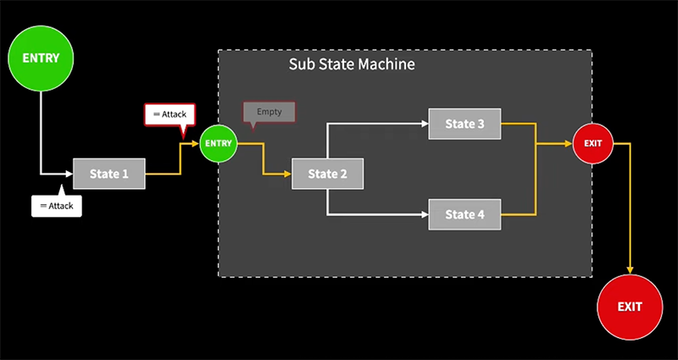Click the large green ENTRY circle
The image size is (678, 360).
click(x=41, y=58)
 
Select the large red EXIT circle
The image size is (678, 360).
click(x=630, y=306)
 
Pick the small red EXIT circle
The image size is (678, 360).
click(x=593, y=143)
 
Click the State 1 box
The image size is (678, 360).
click(x=109, y=174)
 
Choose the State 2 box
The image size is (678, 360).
click(x=328, y=174)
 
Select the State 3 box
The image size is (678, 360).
click(x=464, y=124)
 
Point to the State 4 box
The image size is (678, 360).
click(x=464, y=214)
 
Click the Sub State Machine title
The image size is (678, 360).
click(x=352, y=64)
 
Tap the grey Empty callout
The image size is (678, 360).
click(x=269, y=112)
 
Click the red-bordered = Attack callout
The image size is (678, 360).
click(x=170, y=114)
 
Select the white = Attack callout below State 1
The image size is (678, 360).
click(x=57, y=206)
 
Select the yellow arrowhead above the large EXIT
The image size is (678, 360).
click(x=630, y=269)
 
